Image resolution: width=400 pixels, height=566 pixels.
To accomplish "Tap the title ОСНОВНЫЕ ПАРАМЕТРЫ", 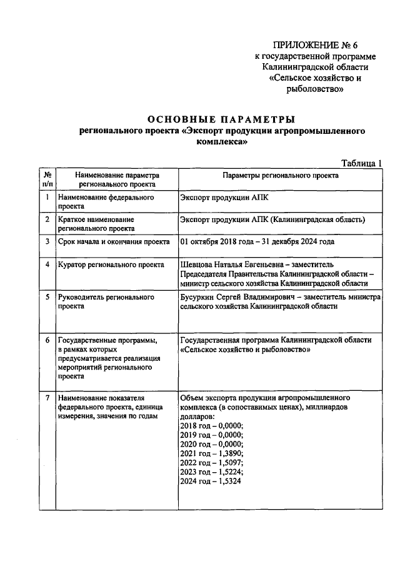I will [221, 119].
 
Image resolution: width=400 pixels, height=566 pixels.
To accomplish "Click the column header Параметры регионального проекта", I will [279, 176].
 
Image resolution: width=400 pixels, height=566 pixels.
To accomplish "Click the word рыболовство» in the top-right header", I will [315, 89].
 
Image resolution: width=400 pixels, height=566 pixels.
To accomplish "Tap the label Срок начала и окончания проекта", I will [112, 241].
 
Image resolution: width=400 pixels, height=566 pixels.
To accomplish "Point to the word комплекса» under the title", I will [221, 142].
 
